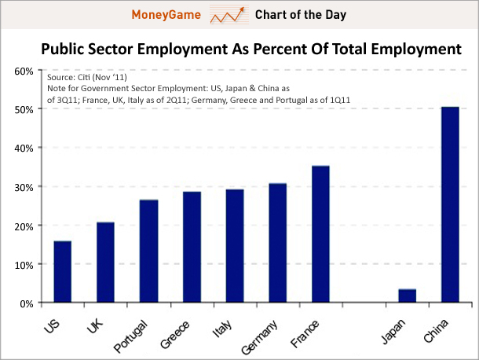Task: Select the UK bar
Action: pyautogui.click(x=105, y=263)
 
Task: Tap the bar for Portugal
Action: pyautogui.click(x=149, y=252)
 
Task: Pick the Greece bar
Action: pyautogui.click(x=192, y=248)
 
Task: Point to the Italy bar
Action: pyautogui.click(x=235, y=246)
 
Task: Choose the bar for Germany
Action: pyautogui.click(x=278, y=243)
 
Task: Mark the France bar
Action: pyautogui.click(x=320, y=234)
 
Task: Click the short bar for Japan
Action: pyautogui.click(x=407, y=296)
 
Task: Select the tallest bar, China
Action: pyautogui.click(x=450, y=204)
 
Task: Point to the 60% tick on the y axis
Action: pyautogui.click(x=22, y=71)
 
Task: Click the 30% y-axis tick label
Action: pyautogui.click(x=22, y=187)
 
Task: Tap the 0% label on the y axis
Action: pyautogui.click(x=24, y=303)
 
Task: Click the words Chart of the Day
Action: pyautogui.click(x=301, y=15)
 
